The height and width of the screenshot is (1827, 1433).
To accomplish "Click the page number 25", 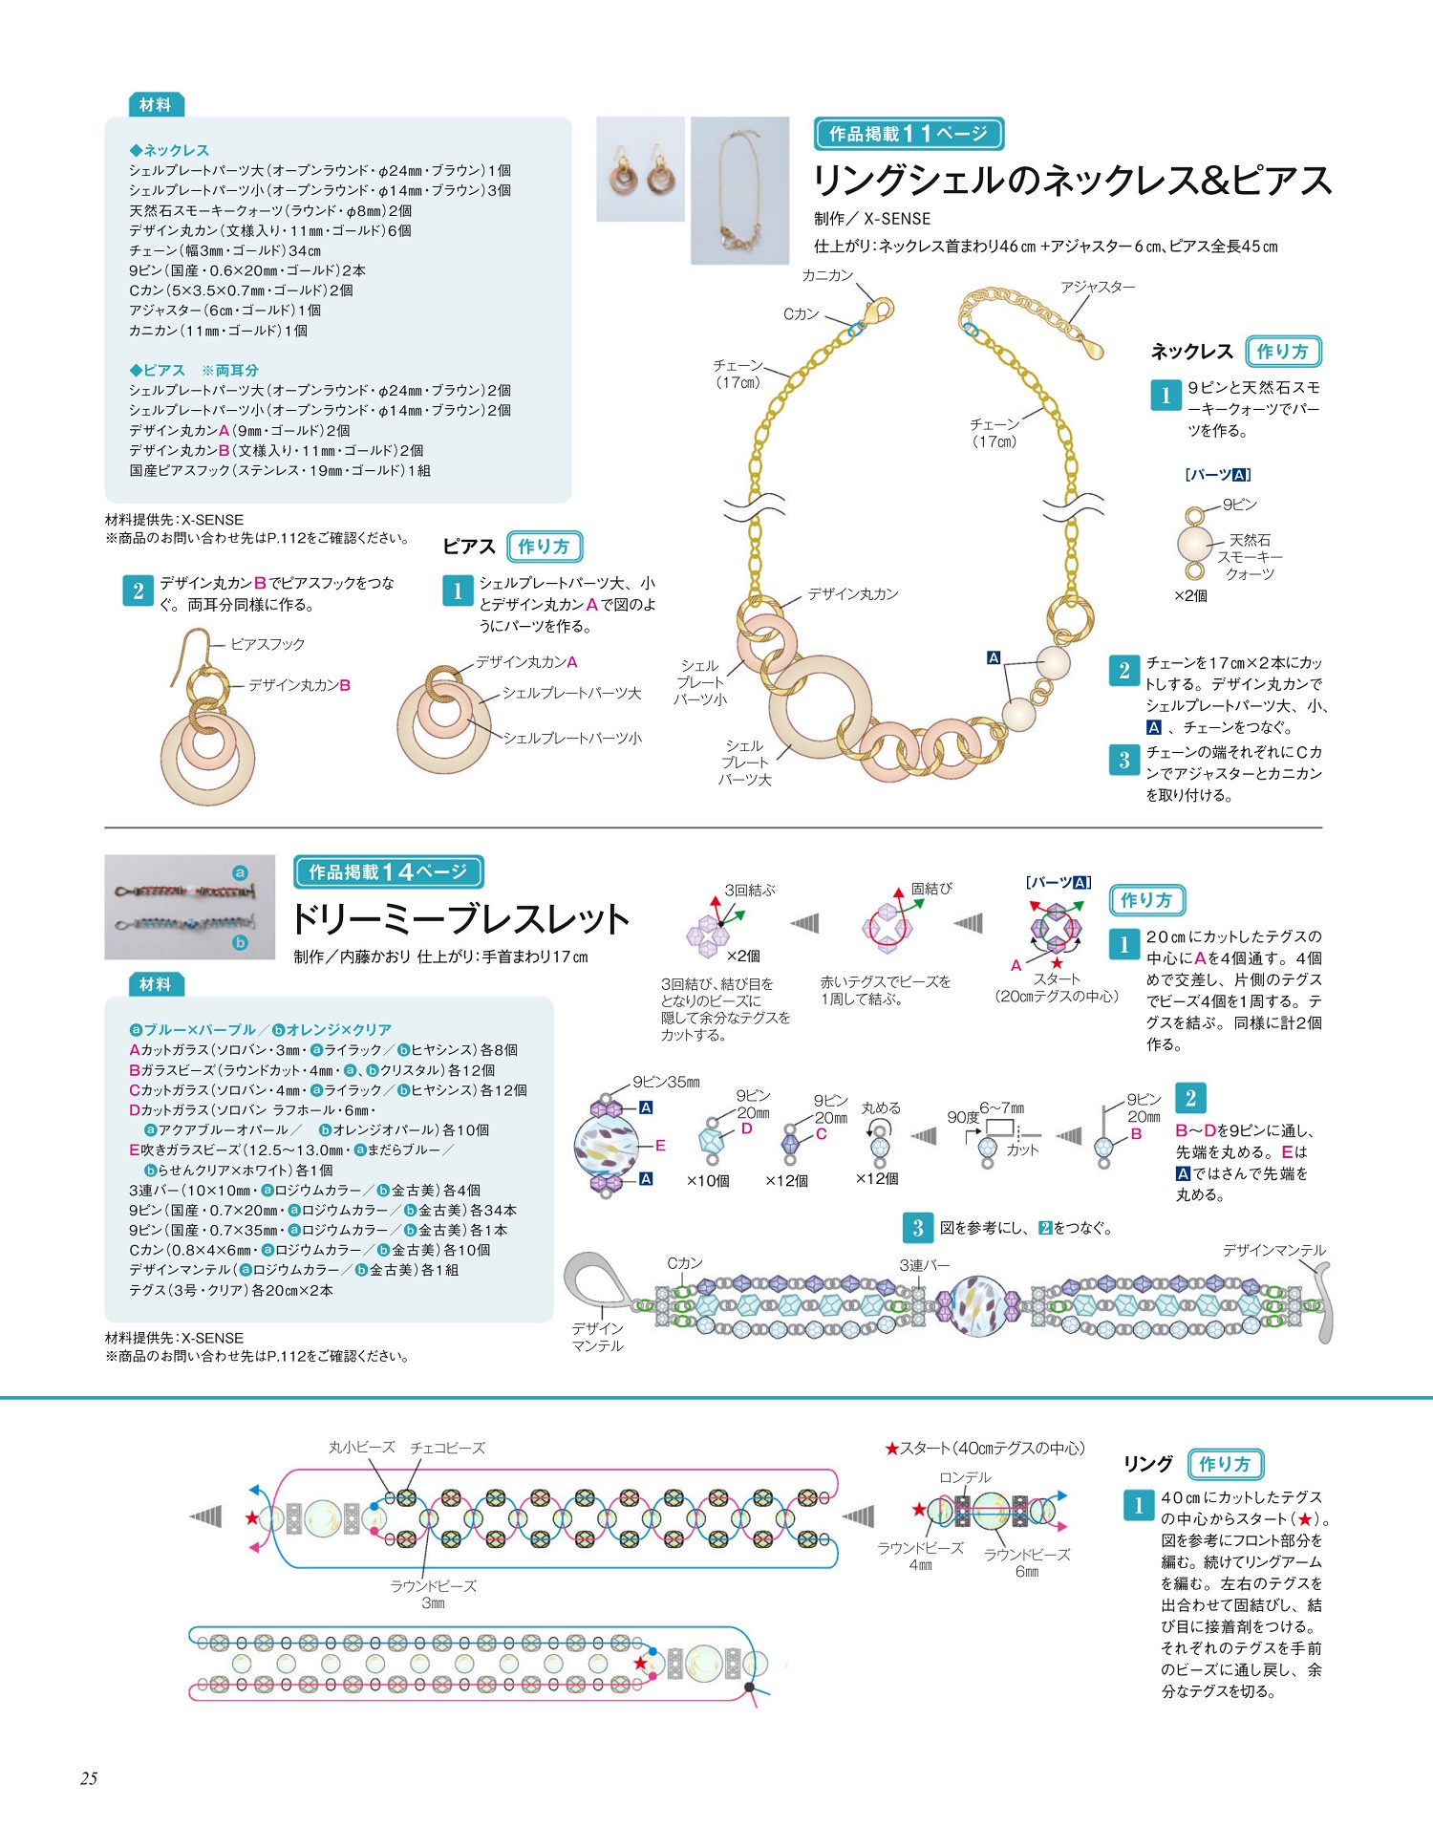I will click(89, 1778).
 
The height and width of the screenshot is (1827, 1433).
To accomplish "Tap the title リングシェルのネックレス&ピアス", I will click(1071, 181).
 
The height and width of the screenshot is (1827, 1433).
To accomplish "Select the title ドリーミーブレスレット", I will click(460, 918).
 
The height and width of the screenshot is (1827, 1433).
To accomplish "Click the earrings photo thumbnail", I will click(640, 169).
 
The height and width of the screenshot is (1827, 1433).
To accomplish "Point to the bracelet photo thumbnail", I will click(189, 907).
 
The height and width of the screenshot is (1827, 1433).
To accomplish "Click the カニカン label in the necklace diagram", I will click(827, 275).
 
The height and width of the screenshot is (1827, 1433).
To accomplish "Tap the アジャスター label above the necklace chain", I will click(1098, 287).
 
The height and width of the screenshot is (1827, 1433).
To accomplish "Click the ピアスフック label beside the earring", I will click(267, 644).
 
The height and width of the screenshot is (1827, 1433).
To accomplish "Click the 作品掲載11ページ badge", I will click(909, 134).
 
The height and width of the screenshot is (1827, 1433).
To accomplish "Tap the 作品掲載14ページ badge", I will click(388, 871).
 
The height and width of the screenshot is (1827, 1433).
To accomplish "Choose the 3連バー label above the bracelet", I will click(924, 1265).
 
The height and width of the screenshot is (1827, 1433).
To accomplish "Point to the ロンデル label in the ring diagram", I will click(965, 1477).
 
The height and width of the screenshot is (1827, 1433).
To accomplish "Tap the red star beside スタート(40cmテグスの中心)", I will click(892, 1449).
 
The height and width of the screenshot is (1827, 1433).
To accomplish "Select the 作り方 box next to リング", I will click(1226, 1464).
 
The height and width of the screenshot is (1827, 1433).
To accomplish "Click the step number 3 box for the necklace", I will click(1124, 760).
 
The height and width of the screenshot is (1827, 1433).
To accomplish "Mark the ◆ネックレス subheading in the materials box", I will click(169, 150).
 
